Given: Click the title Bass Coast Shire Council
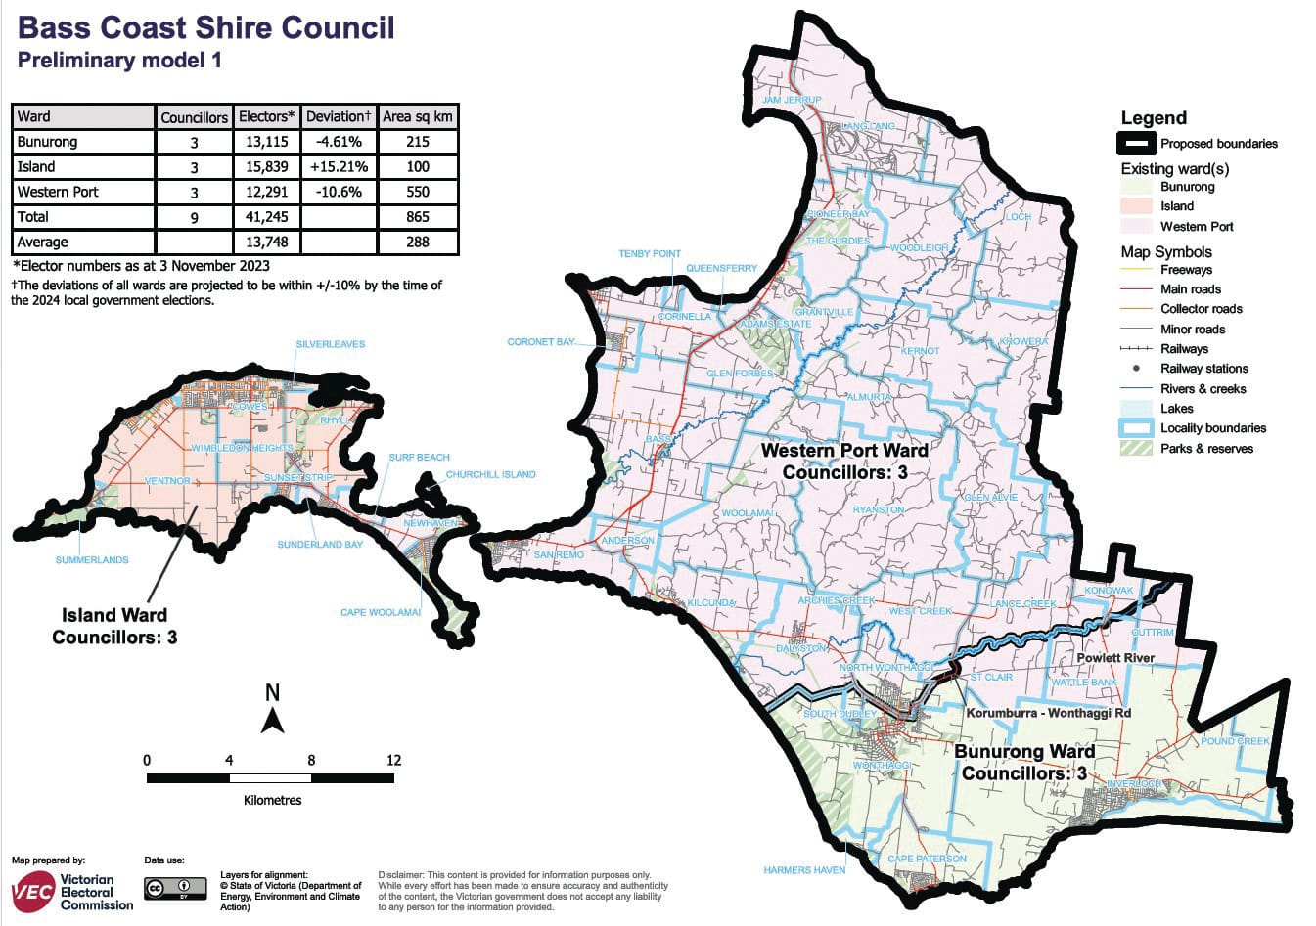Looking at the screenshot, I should [x=206, y=26].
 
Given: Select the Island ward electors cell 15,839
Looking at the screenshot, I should [x=263, y=167].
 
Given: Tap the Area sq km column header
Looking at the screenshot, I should [x=418, y=117].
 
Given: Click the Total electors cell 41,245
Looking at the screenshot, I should [x=263, y=217].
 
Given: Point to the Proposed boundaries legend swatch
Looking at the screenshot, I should [x=1135, y=144].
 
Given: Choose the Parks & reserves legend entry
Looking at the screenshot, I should [x=1205, y=449].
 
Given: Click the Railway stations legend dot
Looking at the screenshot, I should [x=1136, y=369].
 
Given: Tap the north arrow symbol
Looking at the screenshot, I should [x=273, y=722].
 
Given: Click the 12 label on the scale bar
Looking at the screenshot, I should [x=393, y=760].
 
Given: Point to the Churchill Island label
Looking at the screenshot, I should [x=490, y=475].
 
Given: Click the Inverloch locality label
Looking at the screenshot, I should [x=1134, y=784].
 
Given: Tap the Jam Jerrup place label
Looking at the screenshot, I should [x=792, y=100].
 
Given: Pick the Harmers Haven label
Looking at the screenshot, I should [x=804, y=869].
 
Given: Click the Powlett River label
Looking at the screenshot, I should [x=1115, y=658].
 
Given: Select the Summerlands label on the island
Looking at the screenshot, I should [x=92, y=560].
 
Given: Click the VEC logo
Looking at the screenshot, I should [x=32, y=891].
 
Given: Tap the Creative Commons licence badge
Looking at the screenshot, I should [x=175, y=888].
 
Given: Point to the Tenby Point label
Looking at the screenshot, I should [x=650, y=254].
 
